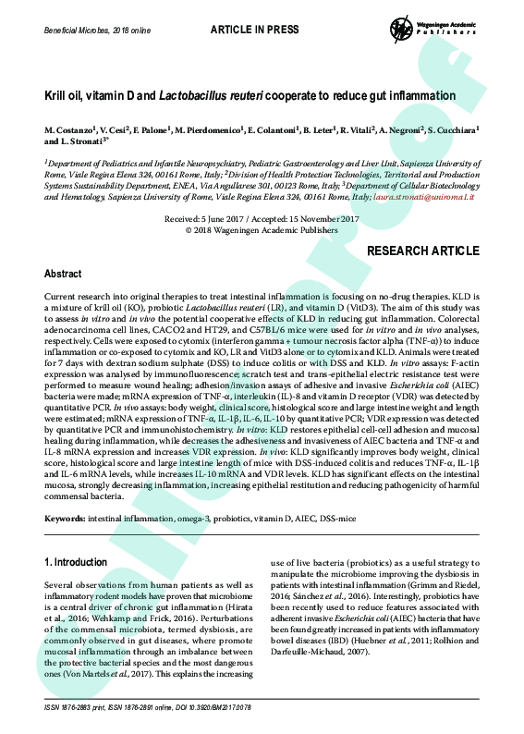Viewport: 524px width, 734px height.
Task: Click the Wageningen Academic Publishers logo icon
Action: (x=402, y=28)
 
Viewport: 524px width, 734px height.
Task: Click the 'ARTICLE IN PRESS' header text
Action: (x=254, y=30)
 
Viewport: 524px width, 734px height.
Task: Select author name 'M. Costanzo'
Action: (x=71, y=130)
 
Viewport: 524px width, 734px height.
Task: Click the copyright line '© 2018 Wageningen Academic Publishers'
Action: (x=262, y=229)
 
